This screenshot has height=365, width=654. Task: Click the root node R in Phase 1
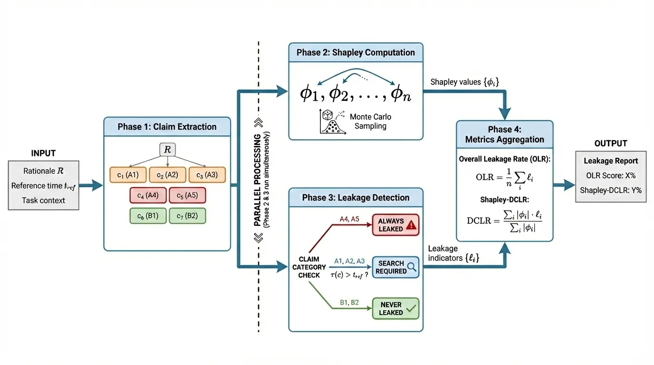pyautogui.click(x=167, y=150)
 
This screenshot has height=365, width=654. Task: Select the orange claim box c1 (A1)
pyautogui.click(x=127, y=175)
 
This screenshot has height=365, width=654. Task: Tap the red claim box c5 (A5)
pyautogui.click(x=187, y=195)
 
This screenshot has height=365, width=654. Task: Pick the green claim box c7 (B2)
pyautogui.click(x=187, y=216)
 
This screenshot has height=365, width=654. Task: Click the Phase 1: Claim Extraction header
pyautogui.click(x=167, y=127)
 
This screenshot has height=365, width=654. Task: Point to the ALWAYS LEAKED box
pyautogui.click(x=395, y=225)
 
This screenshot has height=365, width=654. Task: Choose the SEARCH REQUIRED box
pyautogui.click(x=395, y=267)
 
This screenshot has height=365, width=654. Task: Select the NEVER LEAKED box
pyautogui.click(x=395, y=308)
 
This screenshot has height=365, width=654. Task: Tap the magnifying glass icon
pyautogui.click(x=412, y=267)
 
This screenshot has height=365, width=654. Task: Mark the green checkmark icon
pyautogui.click(x=411, y=308)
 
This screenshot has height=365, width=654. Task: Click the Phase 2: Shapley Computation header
pyautogui.click(x=356, y=52)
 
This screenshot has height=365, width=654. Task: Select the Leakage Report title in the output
pyautogui.click(x=611, y=161)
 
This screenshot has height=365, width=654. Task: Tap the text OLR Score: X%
pyautogui.click(x=611, y=176)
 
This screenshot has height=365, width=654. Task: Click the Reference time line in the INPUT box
pyautogui.click(x=43, y=186)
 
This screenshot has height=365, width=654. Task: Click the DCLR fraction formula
pyautogui.click(x=504, y=220)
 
